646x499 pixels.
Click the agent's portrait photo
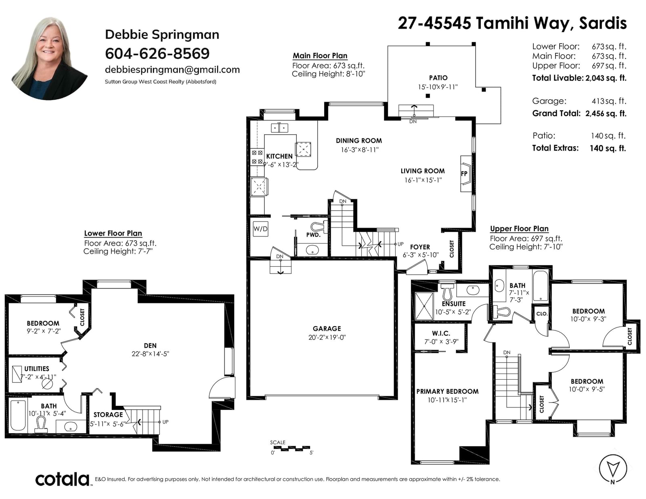(49, 58)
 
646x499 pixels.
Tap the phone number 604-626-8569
(157, 54)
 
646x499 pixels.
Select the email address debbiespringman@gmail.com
(172, 70)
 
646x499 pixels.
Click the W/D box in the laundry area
(260, 229)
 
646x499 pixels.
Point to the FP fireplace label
(464, 174)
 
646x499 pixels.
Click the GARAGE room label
(327, 328)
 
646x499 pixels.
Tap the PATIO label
(438, 78)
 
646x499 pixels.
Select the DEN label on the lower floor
(150, 346)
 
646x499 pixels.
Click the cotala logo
(63, 479)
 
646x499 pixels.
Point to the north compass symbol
(613, 469)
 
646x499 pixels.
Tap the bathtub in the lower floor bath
(18, 415)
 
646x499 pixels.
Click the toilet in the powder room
(319, 227)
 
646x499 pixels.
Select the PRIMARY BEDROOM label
(447, 391)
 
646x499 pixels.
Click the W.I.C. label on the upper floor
(441, 334)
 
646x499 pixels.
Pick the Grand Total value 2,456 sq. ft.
(606, 113)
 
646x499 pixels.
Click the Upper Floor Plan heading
(519, 229)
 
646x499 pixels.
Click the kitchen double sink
(279, 128)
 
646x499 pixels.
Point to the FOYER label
(420, 247)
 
